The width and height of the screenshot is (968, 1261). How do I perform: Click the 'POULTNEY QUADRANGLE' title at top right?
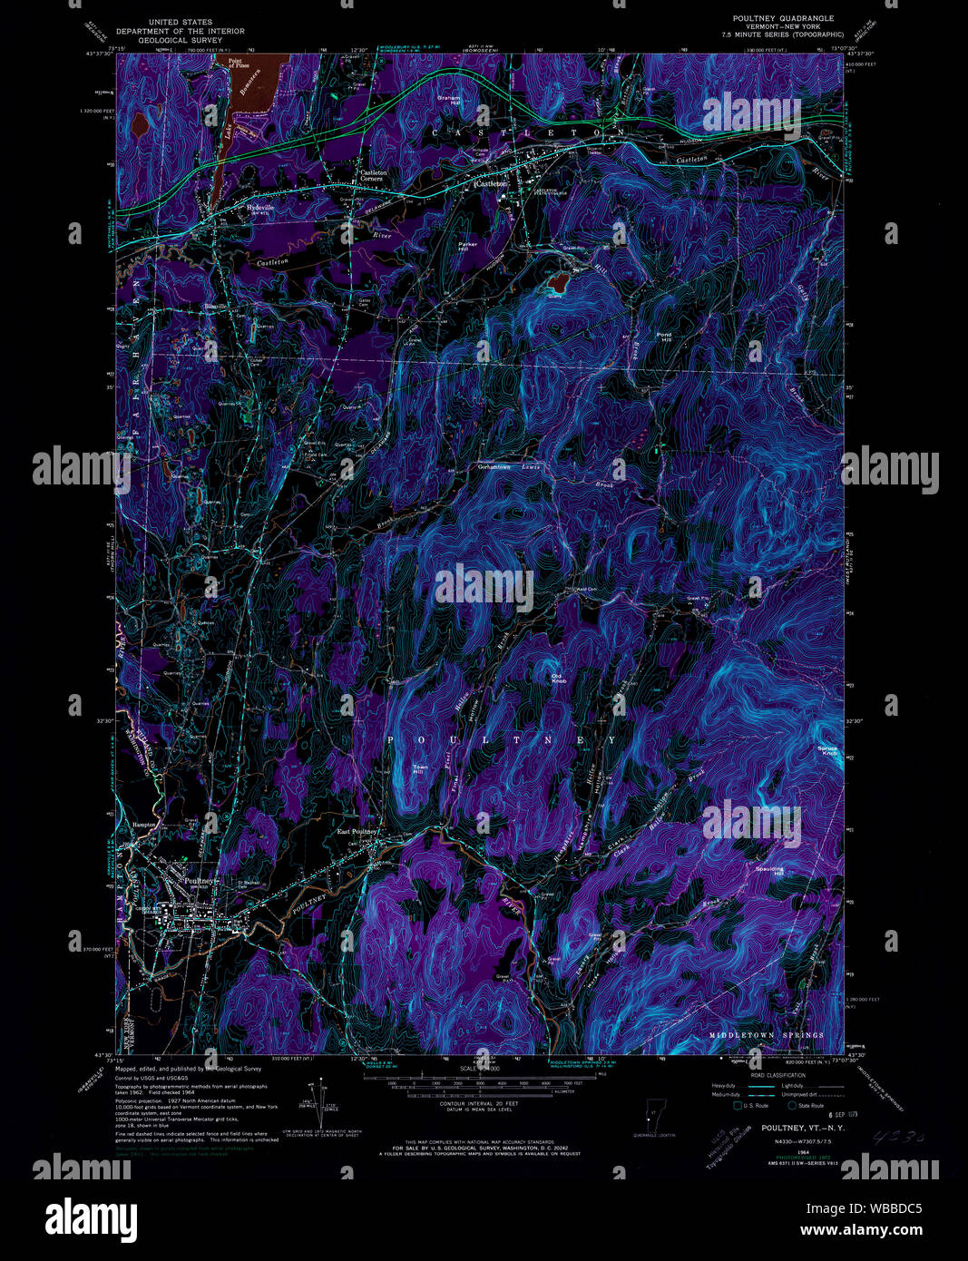coord(783,18)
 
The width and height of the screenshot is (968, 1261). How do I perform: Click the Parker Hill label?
coord(467,247)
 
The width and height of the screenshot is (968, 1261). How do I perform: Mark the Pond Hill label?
coord(665,337)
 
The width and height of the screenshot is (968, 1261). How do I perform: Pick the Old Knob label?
coord(558,677)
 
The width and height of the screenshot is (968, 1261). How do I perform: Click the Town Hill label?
coord(420,769)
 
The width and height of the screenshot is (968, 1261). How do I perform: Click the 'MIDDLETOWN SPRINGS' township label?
coord(767,1035)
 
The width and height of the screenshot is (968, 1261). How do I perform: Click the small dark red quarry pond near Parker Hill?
coord(554,283)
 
